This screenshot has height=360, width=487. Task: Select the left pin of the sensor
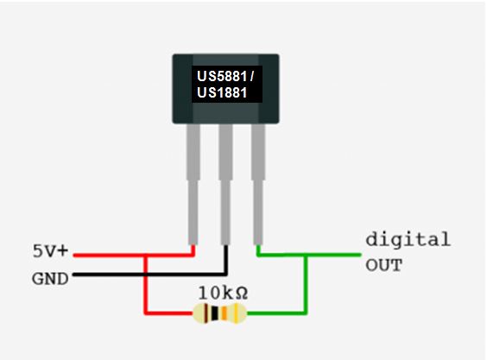tap(194, 181)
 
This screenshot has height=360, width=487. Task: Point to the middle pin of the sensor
tap(226, 181)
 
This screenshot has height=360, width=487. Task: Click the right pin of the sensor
tap(258, 181)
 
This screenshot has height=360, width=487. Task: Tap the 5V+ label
tap(50, 253)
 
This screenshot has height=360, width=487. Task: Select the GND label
tap(50, 279)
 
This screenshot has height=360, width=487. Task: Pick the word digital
tap(408, 239)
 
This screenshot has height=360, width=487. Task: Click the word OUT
tap(383, 265)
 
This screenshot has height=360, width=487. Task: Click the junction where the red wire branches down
tap(144, 256)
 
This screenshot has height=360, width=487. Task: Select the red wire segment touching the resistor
tap(168, 313)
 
